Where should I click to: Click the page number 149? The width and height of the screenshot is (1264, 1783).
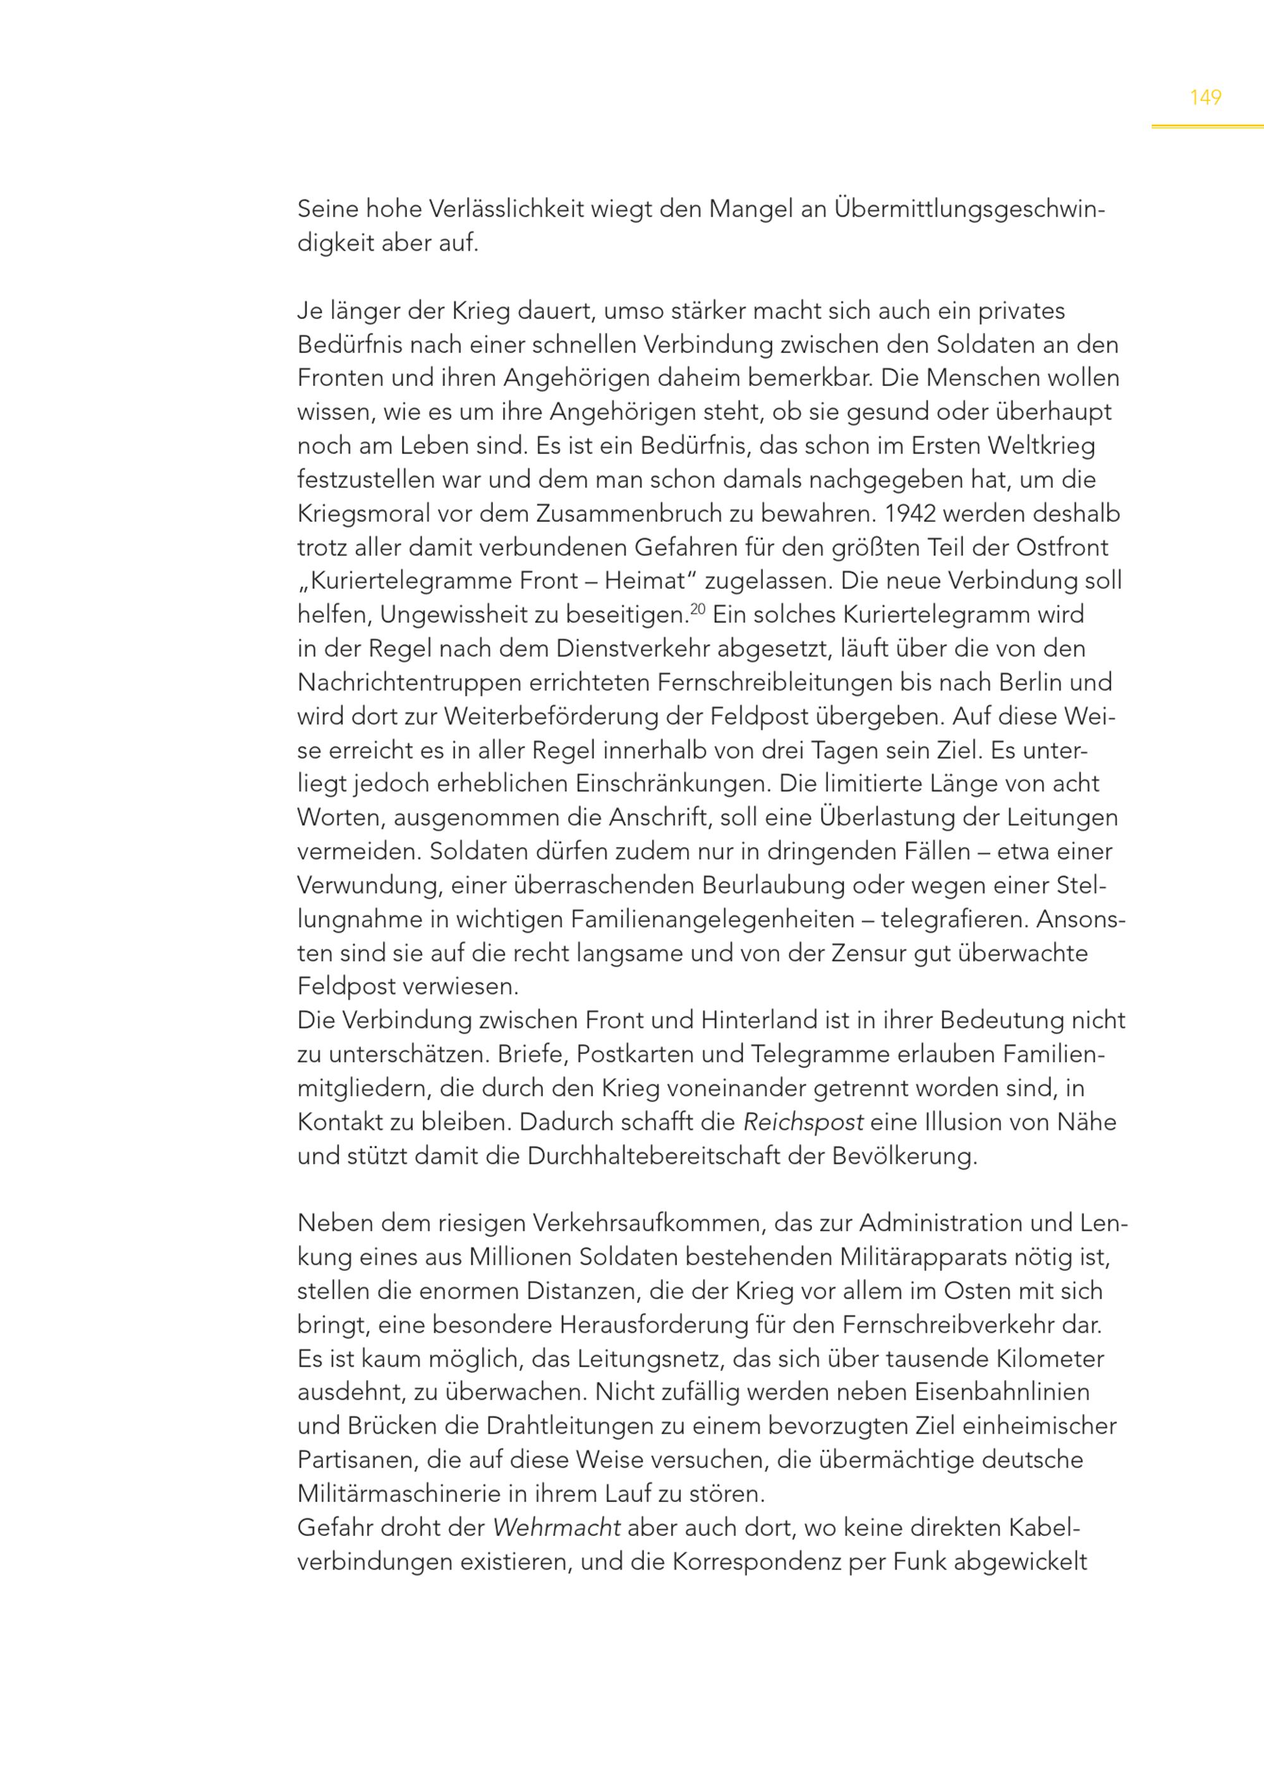coord(1205,97)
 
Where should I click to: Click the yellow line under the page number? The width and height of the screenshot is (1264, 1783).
coord(1206,126)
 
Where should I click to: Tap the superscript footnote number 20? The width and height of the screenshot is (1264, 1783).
coord(696,608)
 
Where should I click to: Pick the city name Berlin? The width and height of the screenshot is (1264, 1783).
coord(1026,682)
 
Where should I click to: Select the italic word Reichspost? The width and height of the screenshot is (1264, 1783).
coord(803,1122)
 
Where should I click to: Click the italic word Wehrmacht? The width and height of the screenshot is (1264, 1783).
coord(557,1528)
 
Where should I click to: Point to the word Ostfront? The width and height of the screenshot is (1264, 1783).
coord(1062,548)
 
